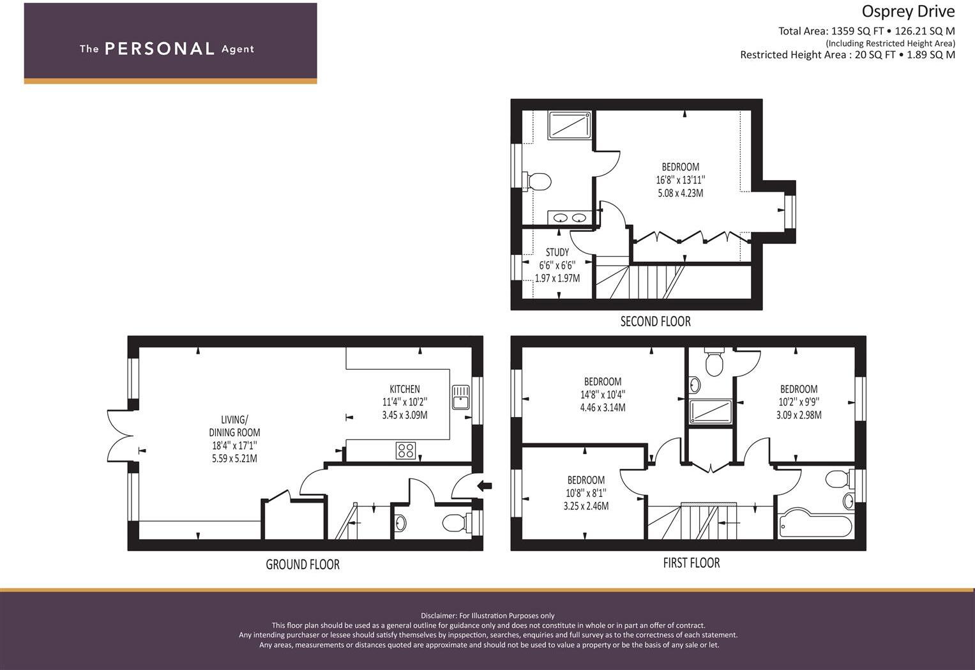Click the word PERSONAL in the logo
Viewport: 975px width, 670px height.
(160, 49)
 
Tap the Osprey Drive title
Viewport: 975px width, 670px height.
(908, 11)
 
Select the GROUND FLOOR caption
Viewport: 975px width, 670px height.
(303, 565)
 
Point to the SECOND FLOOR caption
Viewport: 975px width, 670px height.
(655, 321)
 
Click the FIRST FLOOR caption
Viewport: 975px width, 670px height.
(691, 563)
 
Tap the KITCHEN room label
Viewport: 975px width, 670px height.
(405, 389)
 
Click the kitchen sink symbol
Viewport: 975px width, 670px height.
(460, 397)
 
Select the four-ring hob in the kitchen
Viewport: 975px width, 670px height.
(406, 450)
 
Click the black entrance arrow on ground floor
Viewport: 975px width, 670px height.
(485, 486)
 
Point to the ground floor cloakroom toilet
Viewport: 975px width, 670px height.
(455, 524)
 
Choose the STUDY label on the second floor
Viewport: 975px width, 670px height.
(557, 252)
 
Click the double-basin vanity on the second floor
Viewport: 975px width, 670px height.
(569, 218)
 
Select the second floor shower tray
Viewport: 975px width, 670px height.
(570, 125)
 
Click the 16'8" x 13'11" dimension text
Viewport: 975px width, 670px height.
(680, 180)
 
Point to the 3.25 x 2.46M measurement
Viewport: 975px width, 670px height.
(586, 506)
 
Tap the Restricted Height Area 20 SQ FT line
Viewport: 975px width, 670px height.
(847, 55)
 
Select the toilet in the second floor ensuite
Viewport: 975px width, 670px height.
(537, 181)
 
